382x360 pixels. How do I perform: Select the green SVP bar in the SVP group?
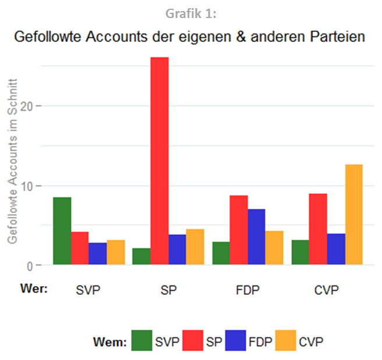pos(62,231)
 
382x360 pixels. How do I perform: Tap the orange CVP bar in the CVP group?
pos(353,215)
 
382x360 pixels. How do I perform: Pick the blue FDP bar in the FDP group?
pos(256,237)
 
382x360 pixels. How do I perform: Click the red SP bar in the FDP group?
pos(239,230)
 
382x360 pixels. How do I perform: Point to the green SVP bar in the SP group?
pos(142,256)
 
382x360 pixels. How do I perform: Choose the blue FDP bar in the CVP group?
pos(336,249)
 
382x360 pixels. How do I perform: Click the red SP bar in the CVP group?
pos(318,229)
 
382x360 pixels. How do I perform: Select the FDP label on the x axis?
pos(247,290)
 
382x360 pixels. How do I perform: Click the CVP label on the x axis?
pos(327,290)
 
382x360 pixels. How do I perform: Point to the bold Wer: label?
pos(33,288)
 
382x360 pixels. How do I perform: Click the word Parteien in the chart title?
pos(336,37)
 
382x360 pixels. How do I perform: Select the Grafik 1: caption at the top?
pos(191,12)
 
